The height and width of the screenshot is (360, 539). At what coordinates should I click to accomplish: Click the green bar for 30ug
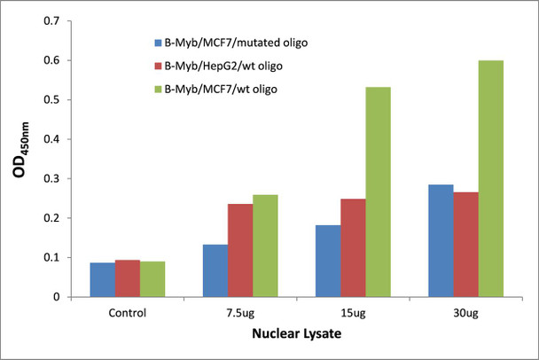point(490,178)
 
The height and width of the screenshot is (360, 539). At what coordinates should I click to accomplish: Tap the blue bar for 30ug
point(441,240)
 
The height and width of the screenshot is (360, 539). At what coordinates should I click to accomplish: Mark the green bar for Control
point(152,278)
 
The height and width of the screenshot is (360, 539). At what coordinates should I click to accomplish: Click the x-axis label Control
point(127,313)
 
